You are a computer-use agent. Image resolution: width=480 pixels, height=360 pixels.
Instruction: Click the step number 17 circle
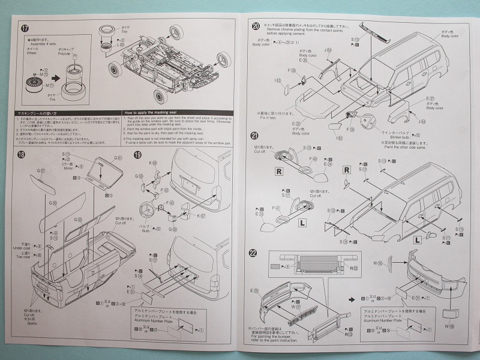(25, 29)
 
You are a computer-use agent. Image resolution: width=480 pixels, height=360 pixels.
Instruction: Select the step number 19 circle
(137, 154)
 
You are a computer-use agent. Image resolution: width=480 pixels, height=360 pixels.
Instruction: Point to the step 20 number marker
(256, 26)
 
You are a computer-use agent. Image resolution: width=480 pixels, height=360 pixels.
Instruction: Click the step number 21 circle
(256, 137)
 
